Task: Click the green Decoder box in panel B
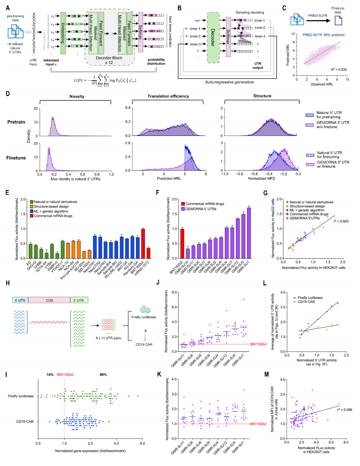213,38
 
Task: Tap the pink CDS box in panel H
49,300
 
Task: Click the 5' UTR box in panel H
20,300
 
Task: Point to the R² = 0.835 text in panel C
338,69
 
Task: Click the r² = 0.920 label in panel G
341,221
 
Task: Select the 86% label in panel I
103,375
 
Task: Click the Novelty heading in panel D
77,97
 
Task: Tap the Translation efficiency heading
168,96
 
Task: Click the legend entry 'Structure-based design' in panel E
51,206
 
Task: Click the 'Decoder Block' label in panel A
109,58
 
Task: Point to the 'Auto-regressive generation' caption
229,82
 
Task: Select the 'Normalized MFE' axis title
261,178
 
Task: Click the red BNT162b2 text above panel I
65,375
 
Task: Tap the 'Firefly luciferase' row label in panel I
21,396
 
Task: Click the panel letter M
267,374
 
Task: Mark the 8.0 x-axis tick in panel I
142,443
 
